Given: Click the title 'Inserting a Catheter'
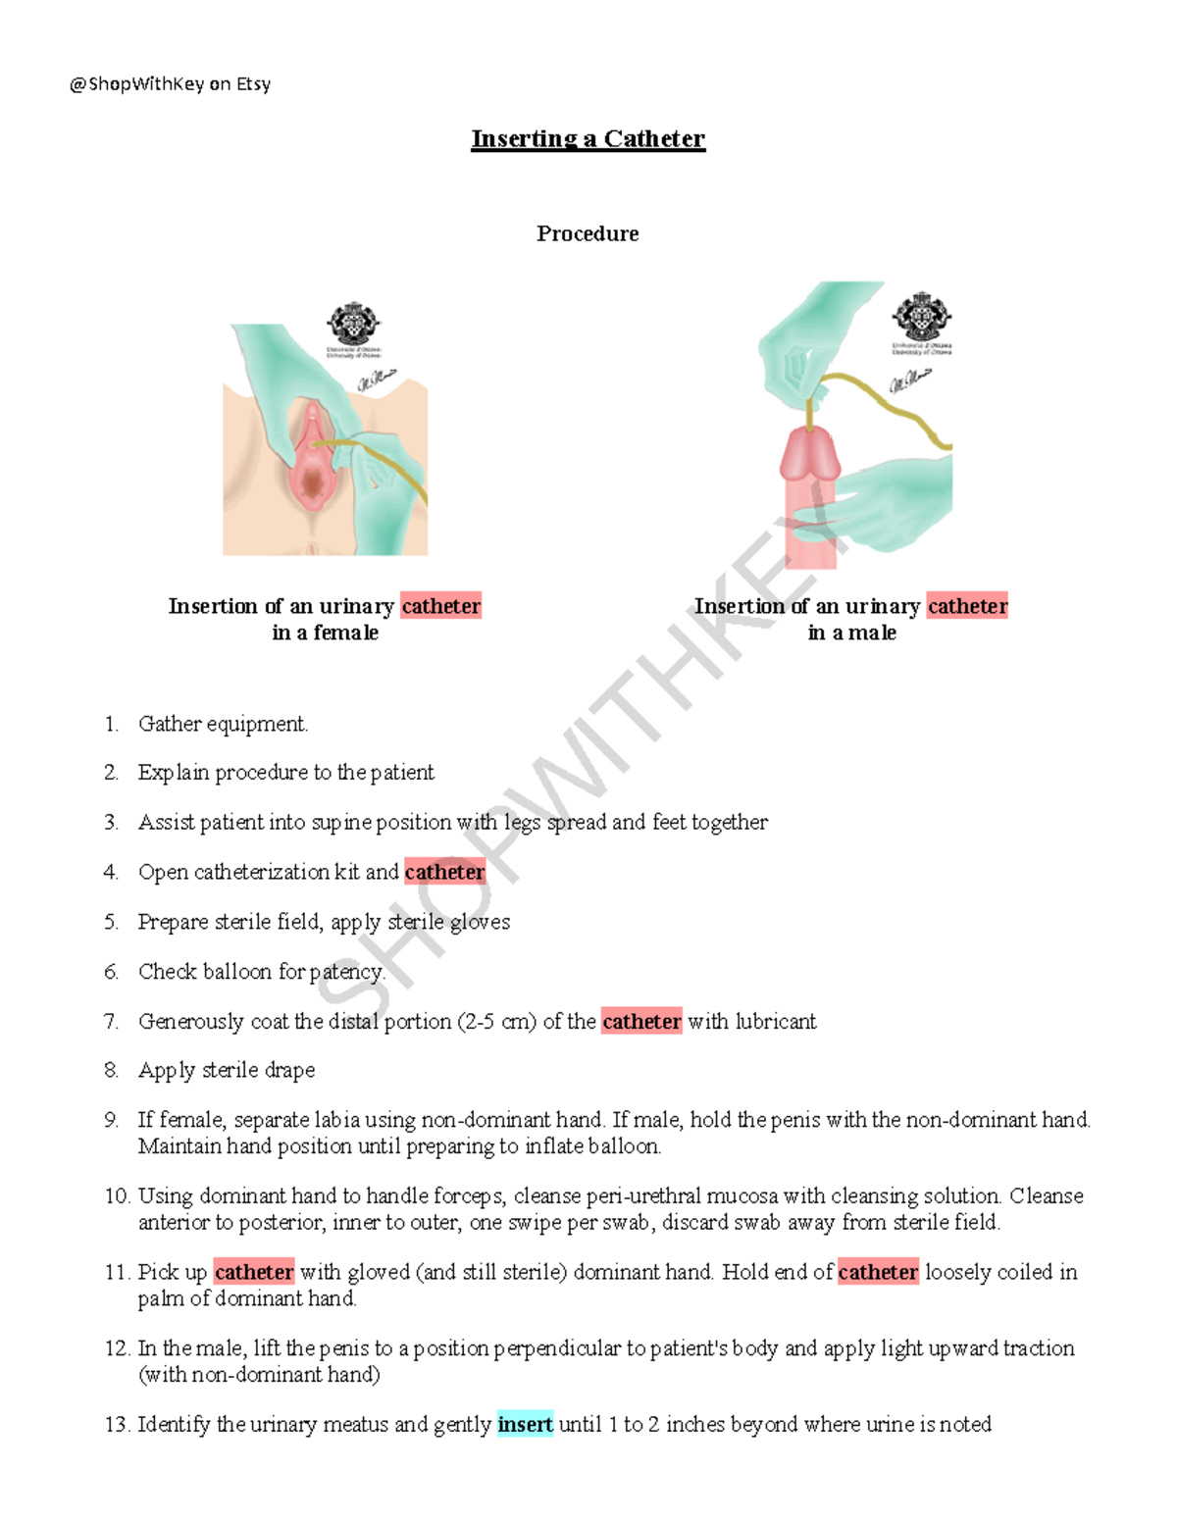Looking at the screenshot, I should [x=588, y=139].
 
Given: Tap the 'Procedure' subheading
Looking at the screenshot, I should [x=588, y=233].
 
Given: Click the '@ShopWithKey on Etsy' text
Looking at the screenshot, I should [x=170, y=84].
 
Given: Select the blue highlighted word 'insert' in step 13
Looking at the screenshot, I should [x=525, y=1424].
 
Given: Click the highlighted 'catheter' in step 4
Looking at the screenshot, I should [x=444, y=872].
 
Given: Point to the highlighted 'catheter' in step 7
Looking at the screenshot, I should [x=641, y=1021].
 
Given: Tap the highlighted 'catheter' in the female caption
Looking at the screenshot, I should [x=441, y=606].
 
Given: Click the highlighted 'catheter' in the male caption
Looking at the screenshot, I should [x=967, y=606].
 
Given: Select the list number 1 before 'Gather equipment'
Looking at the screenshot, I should [x=111, y=725].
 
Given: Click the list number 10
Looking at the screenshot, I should [x=117, y=1196].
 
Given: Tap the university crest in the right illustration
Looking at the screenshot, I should [x=920, y=316].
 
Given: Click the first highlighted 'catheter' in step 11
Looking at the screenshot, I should [x=253, y=1272].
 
